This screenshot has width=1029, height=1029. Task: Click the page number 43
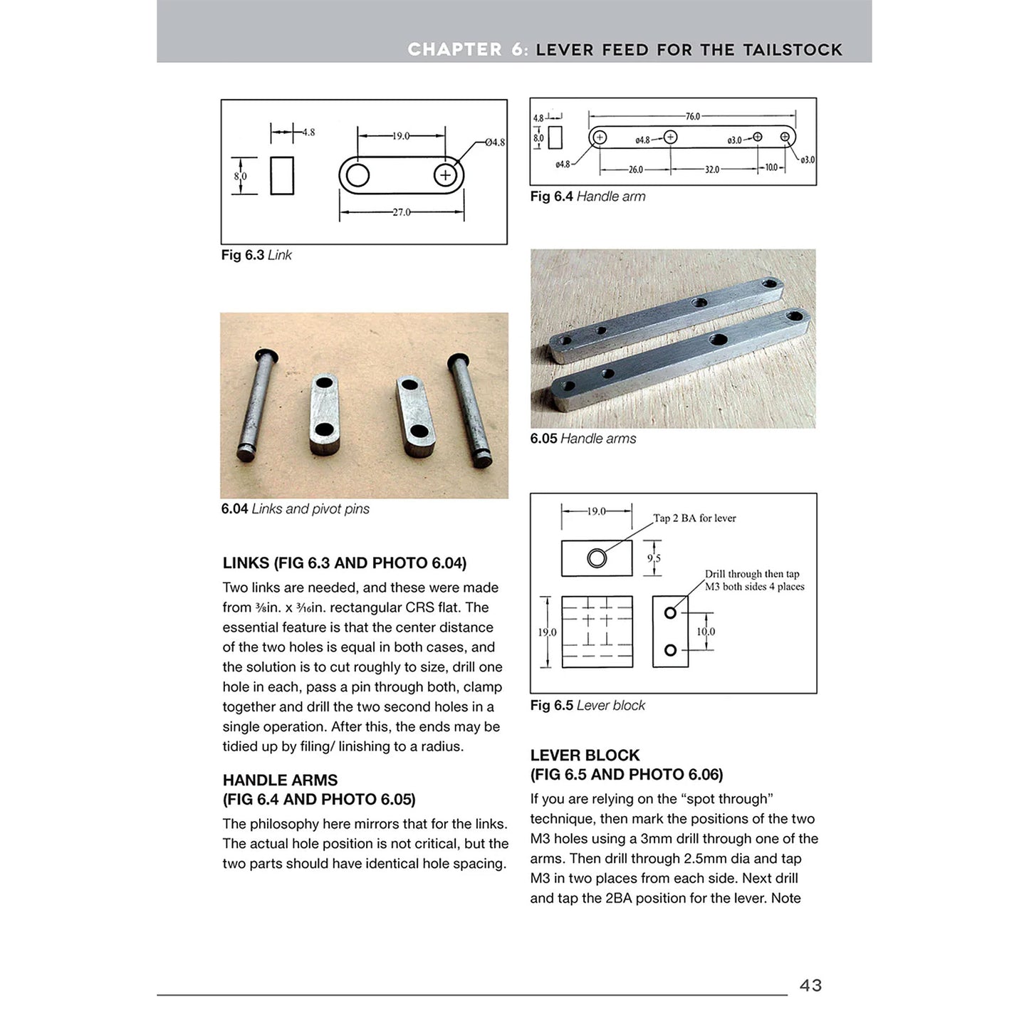coord(810,986)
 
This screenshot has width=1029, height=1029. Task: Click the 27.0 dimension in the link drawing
coord(402,212)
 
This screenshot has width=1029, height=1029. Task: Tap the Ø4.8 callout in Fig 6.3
coord(494,142)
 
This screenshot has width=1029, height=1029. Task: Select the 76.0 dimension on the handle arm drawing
coord(692,116)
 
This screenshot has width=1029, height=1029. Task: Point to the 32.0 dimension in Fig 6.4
coord(711,169)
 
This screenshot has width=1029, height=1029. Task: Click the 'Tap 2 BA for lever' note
coord(694,518)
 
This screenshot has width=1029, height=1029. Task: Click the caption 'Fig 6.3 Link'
coord(256,255)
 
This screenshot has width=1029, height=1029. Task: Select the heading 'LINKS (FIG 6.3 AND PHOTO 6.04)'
coord(344,563)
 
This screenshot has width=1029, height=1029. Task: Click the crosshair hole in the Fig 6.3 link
coord(445,175)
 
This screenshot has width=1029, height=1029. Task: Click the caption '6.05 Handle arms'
coord(583,439)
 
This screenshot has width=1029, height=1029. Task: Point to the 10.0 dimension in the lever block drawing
coord(706,632)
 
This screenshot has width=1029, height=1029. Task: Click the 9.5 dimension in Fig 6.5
coord(654,558)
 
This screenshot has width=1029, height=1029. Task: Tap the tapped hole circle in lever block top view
coord(597,558)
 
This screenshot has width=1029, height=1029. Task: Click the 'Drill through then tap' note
coord(752,574)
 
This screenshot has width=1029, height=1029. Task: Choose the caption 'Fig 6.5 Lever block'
coord(587,706)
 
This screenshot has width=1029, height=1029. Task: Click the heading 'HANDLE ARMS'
coord(280,780)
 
